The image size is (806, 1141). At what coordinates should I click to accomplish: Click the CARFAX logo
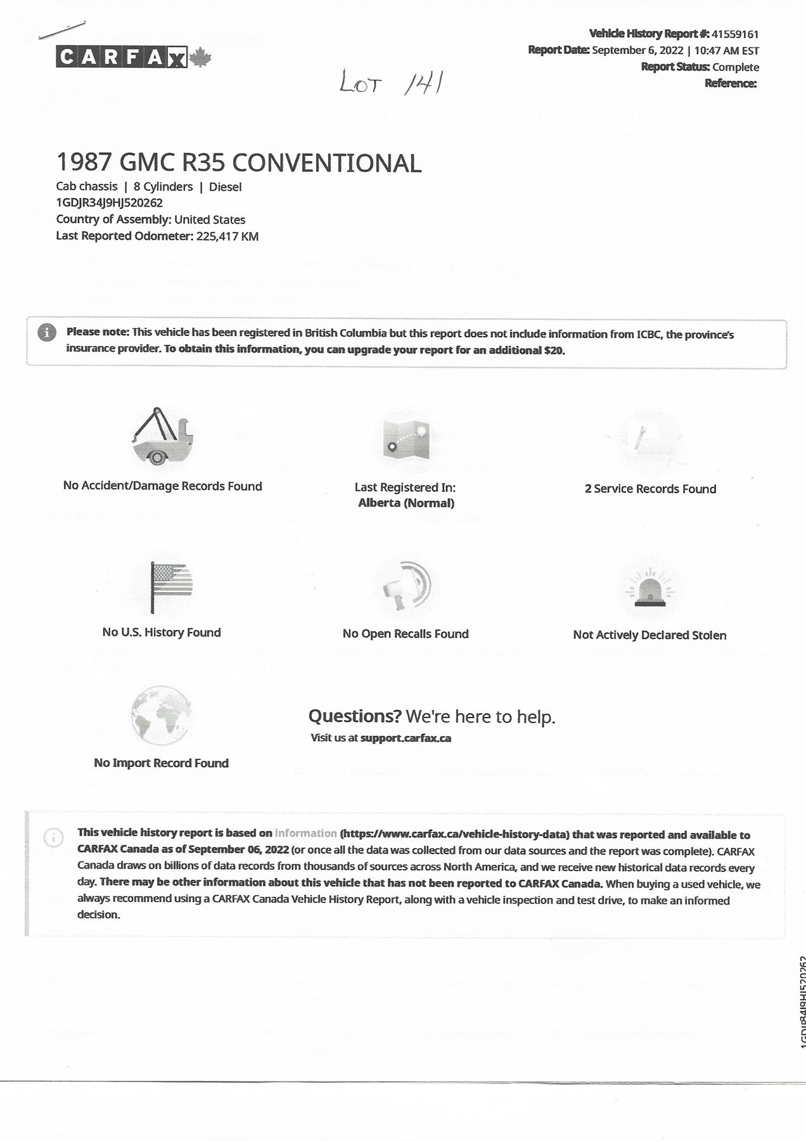coord(132,57)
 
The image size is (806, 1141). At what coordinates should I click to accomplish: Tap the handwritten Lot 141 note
coord(390,82)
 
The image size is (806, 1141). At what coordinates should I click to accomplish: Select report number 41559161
coord(735,34)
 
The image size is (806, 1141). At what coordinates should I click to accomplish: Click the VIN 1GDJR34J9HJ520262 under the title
coord(110,203)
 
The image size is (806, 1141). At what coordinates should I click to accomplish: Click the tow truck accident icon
coord(162,436)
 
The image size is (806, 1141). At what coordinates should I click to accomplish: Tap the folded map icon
coord(406,440)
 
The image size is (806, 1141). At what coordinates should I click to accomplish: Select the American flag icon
coord(170,586)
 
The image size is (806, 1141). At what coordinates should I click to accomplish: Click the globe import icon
coord(161,716)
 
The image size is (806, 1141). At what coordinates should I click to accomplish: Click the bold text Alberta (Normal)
coord(406,503)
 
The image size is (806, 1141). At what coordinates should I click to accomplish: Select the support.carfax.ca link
coord(406,738)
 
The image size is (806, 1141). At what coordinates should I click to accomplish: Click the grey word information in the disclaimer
coord(305,834)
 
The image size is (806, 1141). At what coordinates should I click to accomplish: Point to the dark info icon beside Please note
coord(46,332)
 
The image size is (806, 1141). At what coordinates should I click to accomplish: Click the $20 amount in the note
coord(553,350)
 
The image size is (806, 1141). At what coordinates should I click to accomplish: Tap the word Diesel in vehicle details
coord(225,187)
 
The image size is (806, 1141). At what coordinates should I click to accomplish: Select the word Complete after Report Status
coord(735,67)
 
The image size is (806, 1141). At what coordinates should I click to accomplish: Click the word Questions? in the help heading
coord(355,716)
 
